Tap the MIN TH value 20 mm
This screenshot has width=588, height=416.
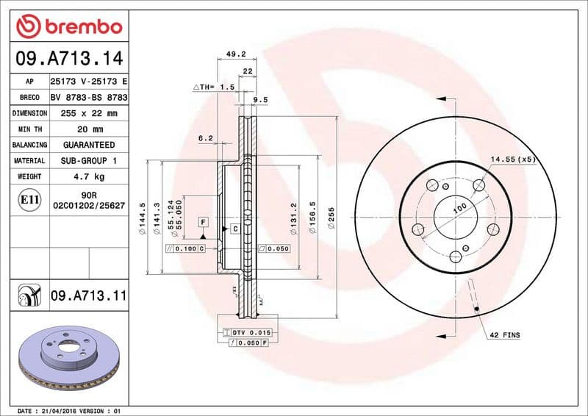coord(90,129)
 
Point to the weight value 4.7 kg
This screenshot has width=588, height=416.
coord(90,176)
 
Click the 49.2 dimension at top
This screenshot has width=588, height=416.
coord(235,54)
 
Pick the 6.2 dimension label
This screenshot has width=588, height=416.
coord(205,137)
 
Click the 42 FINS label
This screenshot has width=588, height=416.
coord(504,335)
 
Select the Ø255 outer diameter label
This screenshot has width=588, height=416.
coord(331,218)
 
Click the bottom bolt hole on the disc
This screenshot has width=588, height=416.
coord(455,256)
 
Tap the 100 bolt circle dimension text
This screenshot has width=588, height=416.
coord(459,209)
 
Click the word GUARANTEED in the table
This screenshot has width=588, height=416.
coord(89,145)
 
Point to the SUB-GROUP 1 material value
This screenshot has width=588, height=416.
coord(89,160)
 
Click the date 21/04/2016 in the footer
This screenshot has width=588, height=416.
coord(58,410)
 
